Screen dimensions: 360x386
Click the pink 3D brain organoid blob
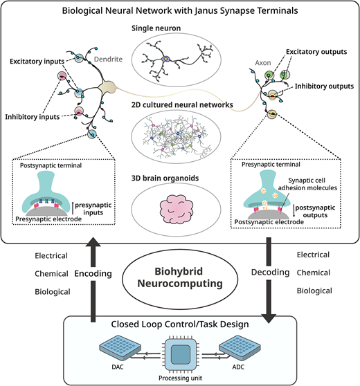click(177, 209)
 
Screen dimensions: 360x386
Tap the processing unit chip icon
click(181, 355)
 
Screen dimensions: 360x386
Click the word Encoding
click(93, 273)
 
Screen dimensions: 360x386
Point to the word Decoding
click(270, 273)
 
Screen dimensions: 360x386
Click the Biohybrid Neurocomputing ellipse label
click(180, 277)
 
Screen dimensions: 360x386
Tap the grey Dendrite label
click(108, 59)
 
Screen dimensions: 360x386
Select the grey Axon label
click(263, 63)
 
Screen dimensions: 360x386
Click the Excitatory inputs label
click(37, 62)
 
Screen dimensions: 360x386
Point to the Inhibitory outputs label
click(324, 86)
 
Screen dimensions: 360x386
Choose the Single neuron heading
click(156, 28)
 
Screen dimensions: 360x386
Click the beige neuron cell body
click(107, 87)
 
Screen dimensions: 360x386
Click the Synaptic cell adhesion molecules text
click(307, 184)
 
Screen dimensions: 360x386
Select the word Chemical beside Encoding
click(51, 274)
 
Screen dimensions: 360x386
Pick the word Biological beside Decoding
click(314, 291)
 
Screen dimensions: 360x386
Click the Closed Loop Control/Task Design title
click(180, 324)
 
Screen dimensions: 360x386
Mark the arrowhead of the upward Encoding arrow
click(93, 242)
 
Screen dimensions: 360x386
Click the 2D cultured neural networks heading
click(182, 105)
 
